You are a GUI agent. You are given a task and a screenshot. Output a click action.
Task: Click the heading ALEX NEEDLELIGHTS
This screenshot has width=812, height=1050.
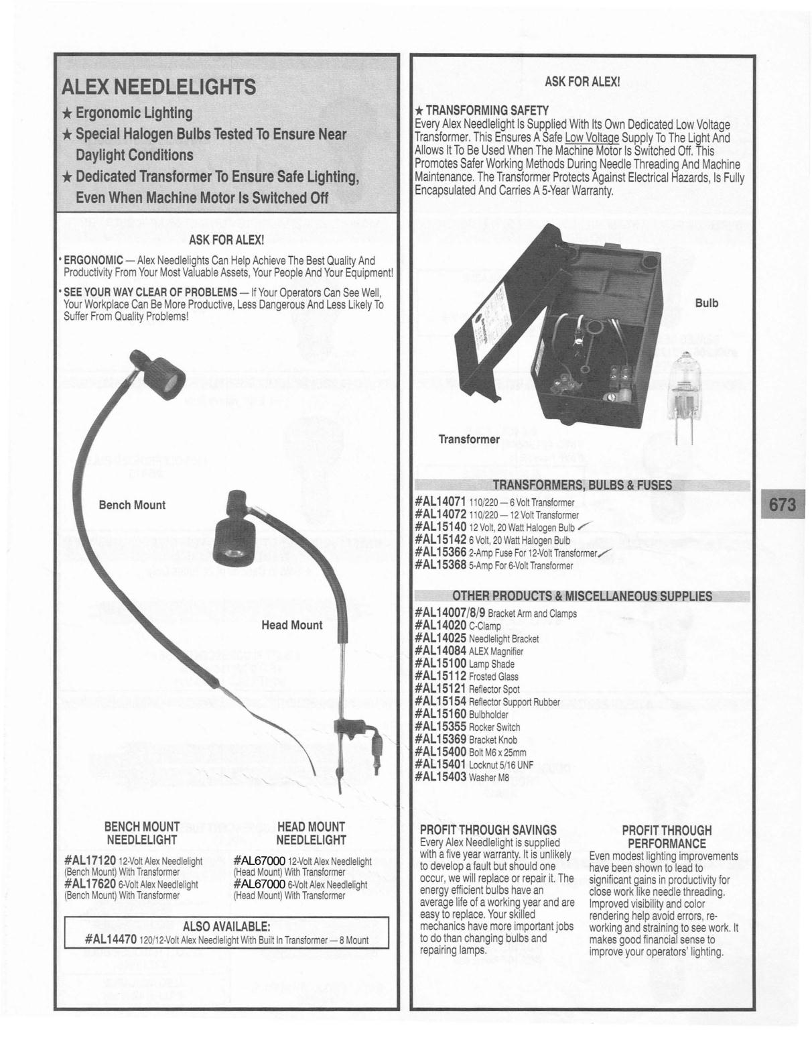pos(158,87)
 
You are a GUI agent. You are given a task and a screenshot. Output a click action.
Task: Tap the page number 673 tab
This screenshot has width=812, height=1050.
pos(782,504)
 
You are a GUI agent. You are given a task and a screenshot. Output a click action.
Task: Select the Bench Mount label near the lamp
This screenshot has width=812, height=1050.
pos(132,505)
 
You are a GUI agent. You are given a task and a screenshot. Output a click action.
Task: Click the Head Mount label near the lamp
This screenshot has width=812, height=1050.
pos(291,625)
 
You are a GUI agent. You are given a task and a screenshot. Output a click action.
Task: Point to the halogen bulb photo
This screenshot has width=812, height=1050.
pos(684,396)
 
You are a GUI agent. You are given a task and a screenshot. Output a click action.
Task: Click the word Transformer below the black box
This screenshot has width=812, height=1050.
pos(469,439)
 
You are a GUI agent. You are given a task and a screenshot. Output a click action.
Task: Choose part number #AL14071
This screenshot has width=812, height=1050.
pos(440,502)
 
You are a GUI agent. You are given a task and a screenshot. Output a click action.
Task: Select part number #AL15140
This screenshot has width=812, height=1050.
pos(440,528)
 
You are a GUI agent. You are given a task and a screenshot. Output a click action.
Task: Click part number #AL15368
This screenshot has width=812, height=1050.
pos(440,565)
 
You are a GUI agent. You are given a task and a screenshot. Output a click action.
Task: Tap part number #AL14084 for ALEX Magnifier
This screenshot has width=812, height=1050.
pos(440,651)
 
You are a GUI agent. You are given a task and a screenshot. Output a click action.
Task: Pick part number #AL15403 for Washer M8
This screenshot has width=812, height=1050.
pos(440,777)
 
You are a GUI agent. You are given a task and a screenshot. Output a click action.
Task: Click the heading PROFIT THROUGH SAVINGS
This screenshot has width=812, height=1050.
pos(488,830)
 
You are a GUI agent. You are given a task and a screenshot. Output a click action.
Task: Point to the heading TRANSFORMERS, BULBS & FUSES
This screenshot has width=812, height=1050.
pos(582,485)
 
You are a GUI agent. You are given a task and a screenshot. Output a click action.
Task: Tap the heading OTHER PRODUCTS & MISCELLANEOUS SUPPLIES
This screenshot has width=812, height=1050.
pos(582,596)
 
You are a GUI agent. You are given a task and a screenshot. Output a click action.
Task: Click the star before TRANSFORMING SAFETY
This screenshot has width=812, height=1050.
pos(419,110)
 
